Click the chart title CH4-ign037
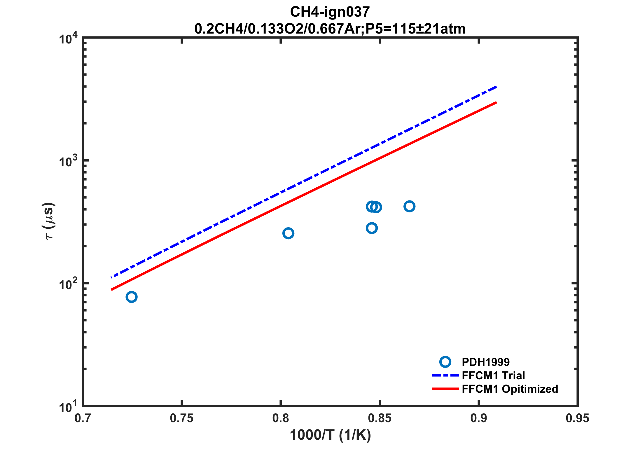click(330, 12)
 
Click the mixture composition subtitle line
click(330, 29)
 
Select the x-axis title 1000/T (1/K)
click(330, 435)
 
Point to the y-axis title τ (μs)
click(49, 221)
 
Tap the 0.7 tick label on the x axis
click(83, 418)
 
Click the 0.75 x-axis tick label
click(182, 418)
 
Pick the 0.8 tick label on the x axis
click(281, 418)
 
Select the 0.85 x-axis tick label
click(380, 418)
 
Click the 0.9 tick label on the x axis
click(479, 418)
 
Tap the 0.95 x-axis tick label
click(577, 418)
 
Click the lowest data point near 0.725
click(132, 297)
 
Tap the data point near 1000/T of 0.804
click(288, 233)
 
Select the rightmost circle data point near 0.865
click(409, 206)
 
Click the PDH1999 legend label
click(486, 362)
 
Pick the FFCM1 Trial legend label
click(493, 375)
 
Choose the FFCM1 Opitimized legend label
click(510, 389)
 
